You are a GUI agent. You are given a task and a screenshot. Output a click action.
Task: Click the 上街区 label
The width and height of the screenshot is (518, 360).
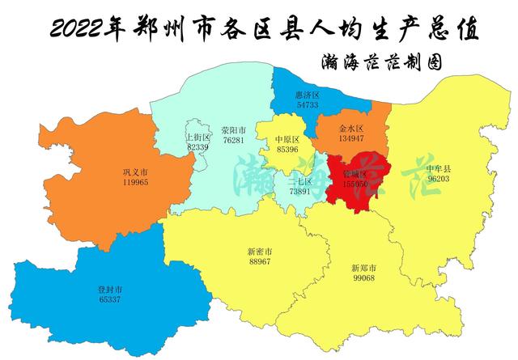coord(197,138)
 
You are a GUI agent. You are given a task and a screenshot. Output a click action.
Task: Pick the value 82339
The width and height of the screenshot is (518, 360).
coord(197,146)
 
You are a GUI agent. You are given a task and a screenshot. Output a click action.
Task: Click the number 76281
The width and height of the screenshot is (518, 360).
coord(233,140)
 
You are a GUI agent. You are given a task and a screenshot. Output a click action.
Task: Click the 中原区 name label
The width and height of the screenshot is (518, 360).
coord(287,139)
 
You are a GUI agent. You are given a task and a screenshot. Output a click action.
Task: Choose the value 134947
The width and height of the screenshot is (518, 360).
coord(351,138)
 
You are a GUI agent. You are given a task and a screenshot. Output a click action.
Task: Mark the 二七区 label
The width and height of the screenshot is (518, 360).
coord(300,182)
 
